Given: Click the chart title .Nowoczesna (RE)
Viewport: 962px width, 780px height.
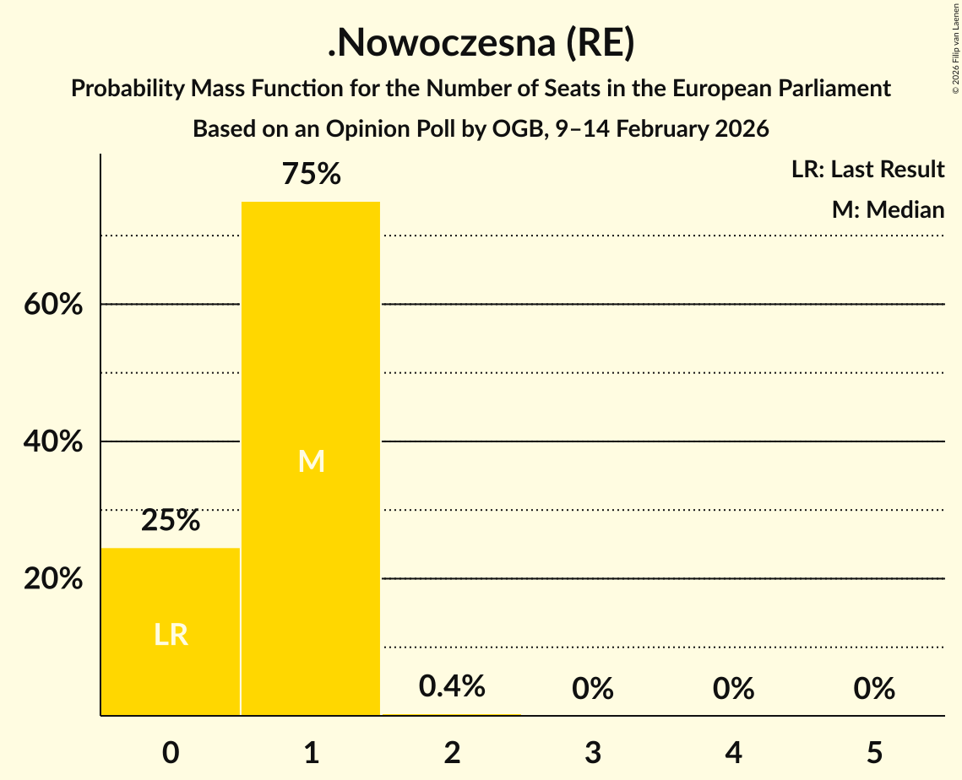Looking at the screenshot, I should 481,44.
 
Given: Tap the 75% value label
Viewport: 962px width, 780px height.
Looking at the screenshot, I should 311,175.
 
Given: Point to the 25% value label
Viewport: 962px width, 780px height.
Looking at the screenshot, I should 171,521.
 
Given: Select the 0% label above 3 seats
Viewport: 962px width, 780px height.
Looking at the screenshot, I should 593,689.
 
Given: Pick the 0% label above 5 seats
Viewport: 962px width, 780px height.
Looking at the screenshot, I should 874,689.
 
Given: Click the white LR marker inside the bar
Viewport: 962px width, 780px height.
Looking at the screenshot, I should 171,635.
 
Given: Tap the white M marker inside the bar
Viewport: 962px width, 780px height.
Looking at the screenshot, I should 311,461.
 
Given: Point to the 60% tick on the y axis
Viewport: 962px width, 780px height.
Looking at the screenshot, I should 53,305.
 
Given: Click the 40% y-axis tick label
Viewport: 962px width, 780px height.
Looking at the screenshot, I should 53,442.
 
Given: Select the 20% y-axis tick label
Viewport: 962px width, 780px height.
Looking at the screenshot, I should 53,580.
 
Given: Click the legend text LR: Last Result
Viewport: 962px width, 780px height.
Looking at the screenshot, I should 867,170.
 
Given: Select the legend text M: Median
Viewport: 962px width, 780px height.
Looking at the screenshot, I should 888,209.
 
